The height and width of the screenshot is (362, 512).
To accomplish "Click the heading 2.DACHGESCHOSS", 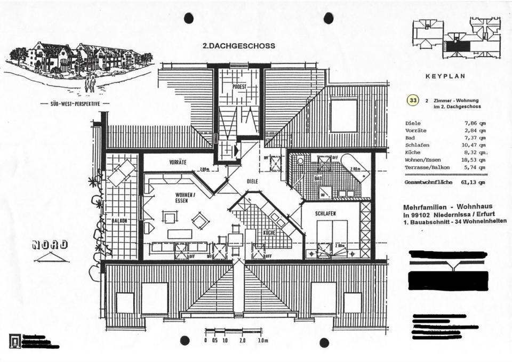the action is (x=239, y=46).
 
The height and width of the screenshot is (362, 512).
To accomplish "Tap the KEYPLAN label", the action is (x=445, y=76).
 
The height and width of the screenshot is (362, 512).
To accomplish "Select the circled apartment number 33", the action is (x=412, y=100).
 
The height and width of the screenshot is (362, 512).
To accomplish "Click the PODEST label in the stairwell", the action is (x=239, y=86).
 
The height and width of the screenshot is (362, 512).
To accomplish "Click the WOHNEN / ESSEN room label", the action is (x=185, y=198).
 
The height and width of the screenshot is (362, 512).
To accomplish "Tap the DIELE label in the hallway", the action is (x=253, y=181).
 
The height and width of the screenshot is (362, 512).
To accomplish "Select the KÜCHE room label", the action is (x=268, y=232).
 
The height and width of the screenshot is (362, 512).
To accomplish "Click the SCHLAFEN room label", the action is (x=325, y=213).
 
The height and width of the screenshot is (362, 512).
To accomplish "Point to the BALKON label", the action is (x=119, y=220).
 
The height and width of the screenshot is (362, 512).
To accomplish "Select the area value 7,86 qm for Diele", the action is (x=475, y=123).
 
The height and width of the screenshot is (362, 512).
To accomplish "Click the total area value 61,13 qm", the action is (x=475, y=182).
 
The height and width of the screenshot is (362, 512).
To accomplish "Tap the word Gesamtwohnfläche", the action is (x=428, y=182).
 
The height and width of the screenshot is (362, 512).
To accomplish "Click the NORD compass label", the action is (x=51, y=245).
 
